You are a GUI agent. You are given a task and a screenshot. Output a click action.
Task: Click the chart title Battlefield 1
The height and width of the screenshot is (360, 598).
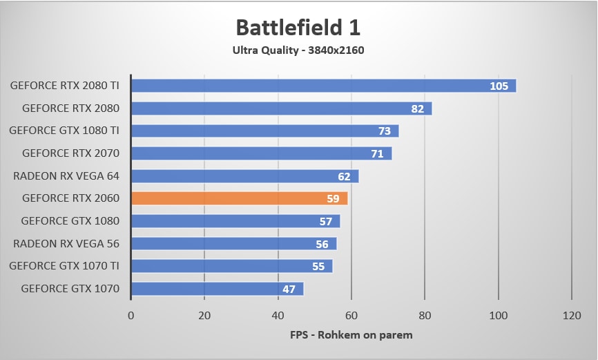(x=298, y=27)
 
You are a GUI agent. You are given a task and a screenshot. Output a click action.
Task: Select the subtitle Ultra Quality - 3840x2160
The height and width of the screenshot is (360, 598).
(x=298, y=50)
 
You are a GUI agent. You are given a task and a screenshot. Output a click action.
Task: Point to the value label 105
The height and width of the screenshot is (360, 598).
(x=499, y=86)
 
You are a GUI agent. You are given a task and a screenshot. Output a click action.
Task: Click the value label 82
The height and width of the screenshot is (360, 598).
(x=417, y=108)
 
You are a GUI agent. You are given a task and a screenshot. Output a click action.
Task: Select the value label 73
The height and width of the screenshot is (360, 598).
(x=384, y=131)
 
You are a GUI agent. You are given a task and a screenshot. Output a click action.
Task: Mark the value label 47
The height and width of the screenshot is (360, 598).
(x=289, y=290)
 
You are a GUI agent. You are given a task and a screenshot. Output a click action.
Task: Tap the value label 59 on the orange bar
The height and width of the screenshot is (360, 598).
(x=333, y=199)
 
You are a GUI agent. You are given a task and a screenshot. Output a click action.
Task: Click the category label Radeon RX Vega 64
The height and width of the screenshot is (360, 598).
(x=66, y=176)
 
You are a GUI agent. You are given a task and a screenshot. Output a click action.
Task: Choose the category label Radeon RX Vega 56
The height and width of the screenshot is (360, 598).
(x=66, y=243)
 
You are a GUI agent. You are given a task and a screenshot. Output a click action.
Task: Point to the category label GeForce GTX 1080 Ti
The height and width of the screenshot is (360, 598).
(x=64, y=131)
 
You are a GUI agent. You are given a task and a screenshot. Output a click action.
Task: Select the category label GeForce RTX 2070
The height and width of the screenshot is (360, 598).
(x=70, y=153)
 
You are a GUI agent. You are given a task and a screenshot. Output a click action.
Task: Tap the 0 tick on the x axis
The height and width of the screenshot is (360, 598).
(x=131, y=315)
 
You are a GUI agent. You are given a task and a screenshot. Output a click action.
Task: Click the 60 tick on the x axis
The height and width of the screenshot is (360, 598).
(x=351, y=315)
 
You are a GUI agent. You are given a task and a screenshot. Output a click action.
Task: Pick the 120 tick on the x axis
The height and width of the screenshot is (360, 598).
(x=572, y=315)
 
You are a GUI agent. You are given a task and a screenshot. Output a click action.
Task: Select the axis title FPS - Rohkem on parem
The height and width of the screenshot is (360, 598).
(x=351, y=335)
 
